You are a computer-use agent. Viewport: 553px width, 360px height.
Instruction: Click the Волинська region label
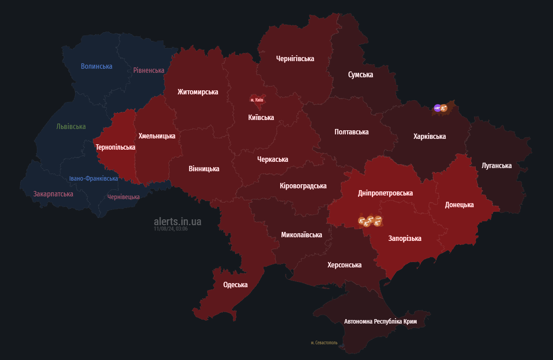point(97,67)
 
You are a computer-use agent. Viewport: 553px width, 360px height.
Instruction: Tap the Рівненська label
point(149,70)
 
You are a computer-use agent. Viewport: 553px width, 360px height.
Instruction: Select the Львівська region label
point(71,127)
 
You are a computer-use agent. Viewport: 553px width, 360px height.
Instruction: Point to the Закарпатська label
point(53,194)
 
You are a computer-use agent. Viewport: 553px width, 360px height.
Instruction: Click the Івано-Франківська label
point(94,178)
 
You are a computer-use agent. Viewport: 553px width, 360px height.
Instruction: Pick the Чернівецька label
point(124,197)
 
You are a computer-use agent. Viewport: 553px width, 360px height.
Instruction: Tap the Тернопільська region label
point(116,147)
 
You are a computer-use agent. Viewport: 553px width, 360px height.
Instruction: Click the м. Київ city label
point(256,100)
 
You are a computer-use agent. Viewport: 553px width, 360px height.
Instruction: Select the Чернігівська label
point(295,58)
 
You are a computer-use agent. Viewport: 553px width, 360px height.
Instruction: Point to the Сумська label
point(361,75)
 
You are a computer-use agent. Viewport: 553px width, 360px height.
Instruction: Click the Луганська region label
point(496,165)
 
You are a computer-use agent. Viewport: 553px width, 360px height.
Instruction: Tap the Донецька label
point(459,204)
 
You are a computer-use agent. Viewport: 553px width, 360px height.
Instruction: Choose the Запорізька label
point(405,238)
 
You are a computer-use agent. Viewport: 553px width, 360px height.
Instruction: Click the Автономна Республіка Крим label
point(380,321)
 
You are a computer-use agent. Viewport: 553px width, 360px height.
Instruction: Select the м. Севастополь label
point(324,342)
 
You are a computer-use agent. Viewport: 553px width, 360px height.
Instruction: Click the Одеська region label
point(235,284)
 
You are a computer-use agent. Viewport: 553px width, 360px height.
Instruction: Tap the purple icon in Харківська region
point(437,107)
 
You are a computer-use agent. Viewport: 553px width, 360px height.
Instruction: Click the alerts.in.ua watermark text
point(178,221)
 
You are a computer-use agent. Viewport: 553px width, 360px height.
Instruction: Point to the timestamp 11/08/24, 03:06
point(170,229)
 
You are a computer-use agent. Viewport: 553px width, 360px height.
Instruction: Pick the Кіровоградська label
point(303,186)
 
